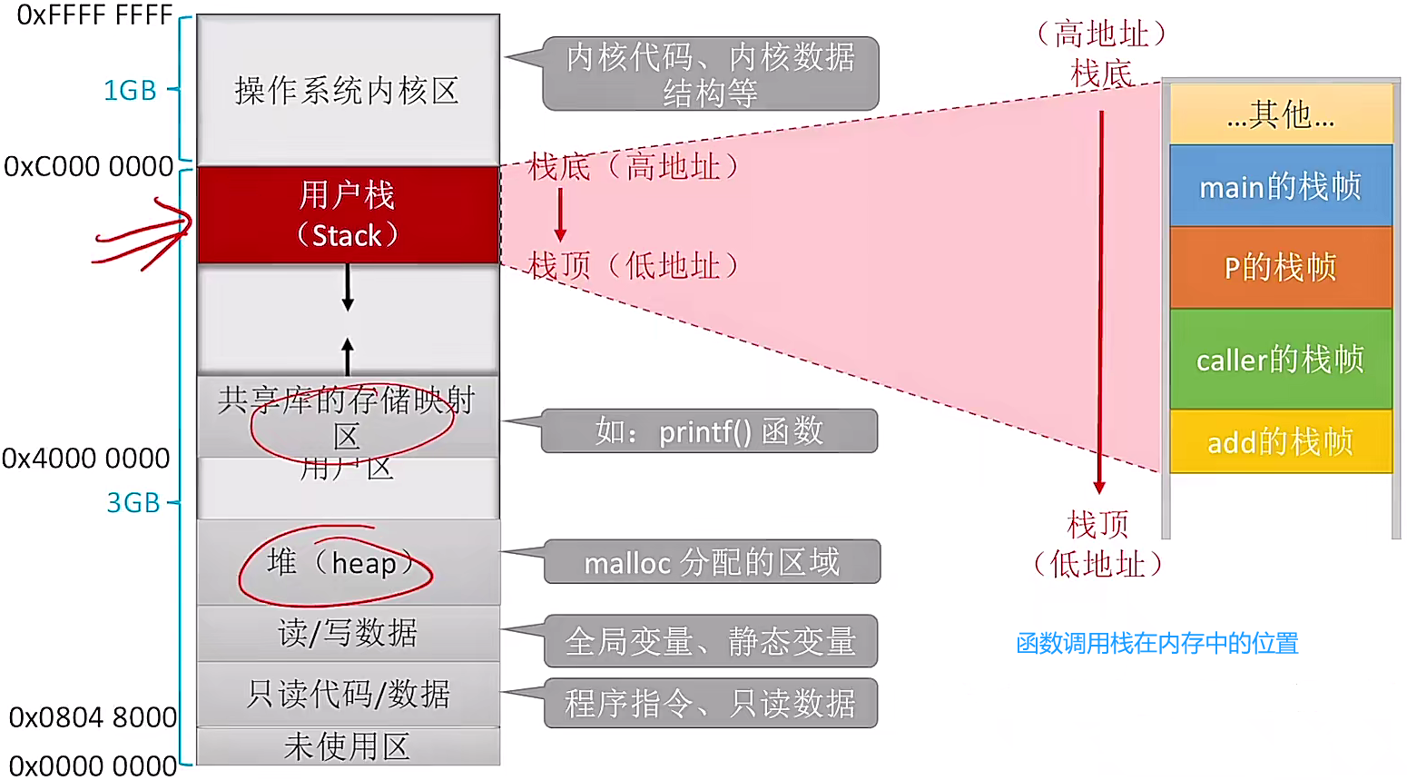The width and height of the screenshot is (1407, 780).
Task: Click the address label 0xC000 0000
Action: tap(89, 167)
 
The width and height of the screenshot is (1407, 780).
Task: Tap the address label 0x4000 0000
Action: tap(86, 459)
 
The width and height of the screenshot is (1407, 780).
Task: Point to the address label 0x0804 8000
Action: tap(93, 717)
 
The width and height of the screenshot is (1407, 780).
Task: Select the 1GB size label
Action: tap(130, 91)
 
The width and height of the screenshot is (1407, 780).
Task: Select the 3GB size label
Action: tap(133, 503)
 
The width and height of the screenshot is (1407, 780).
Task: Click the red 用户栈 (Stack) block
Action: tap(348, 215)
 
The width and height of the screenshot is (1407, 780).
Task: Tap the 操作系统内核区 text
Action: tap(347, 91)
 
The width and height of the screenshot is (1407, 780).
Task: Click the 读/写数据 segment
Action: tap(348, 633)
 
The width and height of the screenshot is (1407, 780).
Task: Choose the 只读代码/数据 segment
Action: tap(348, 695)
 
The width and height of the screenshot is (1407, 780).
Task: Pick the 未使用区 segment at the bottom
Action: tap(348, 747)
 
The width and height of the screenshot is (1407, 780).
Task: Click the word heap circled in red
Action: tap(364, 564)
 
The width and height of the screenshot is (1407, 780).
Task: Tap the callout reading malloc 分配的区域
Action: tap(712, 563)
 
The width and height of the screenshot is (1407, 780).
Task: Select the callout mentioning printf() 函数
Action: tap(709, 431)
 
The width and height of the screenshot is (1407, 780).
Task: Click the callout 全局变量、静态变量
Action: tap(710, 642)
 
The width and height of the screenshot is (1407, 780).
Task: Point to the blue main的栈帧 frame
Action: tap(1280, 187)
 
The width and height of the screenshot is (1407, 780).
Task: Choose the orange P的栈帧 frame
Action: tap(1280, 268)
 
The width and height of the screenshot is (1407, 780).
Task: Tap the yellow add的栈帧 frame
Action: tap(1280, 442)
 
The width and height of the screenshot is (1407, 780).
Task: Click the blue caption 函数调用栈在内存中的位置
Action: tap(1157, 644)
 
